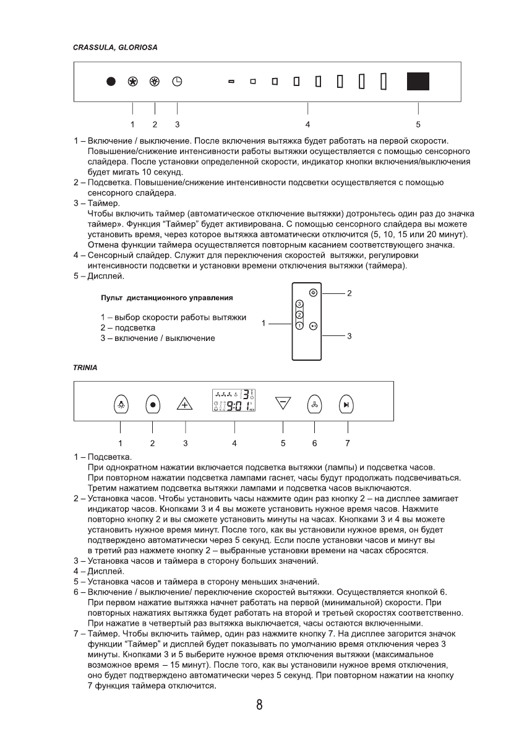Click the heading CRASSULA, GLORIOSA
click(x=114, y=47)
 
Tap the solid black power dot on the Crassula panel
click(x=111, y=82)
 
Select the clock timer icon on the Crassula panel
click(x=177, y=82)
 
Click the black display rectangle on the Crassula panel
click(x=418, y=82)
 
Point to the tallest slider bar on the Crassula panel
click(x=384, y=82)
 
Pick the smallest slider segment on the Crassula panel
click(x=231, y=82)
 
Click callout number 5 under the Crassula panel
click(x=418, y=124)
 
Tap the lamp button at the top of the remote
click(x=314, y=293)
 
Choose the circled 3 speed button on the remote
click(x=299, y=304)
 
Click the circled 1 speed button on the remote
click(x=299, y=325)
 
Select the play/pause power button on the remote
click(x=314, y=325)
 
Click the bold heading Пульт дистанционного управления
click(x=162, y=298)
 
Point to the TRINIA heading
click(x=85, y=367)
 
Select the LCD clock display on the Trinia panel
click(x=234, y=401)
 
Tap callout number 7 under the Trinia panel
click(x=348, y=443)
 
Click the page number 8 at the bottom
click(x=260, y=705)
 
